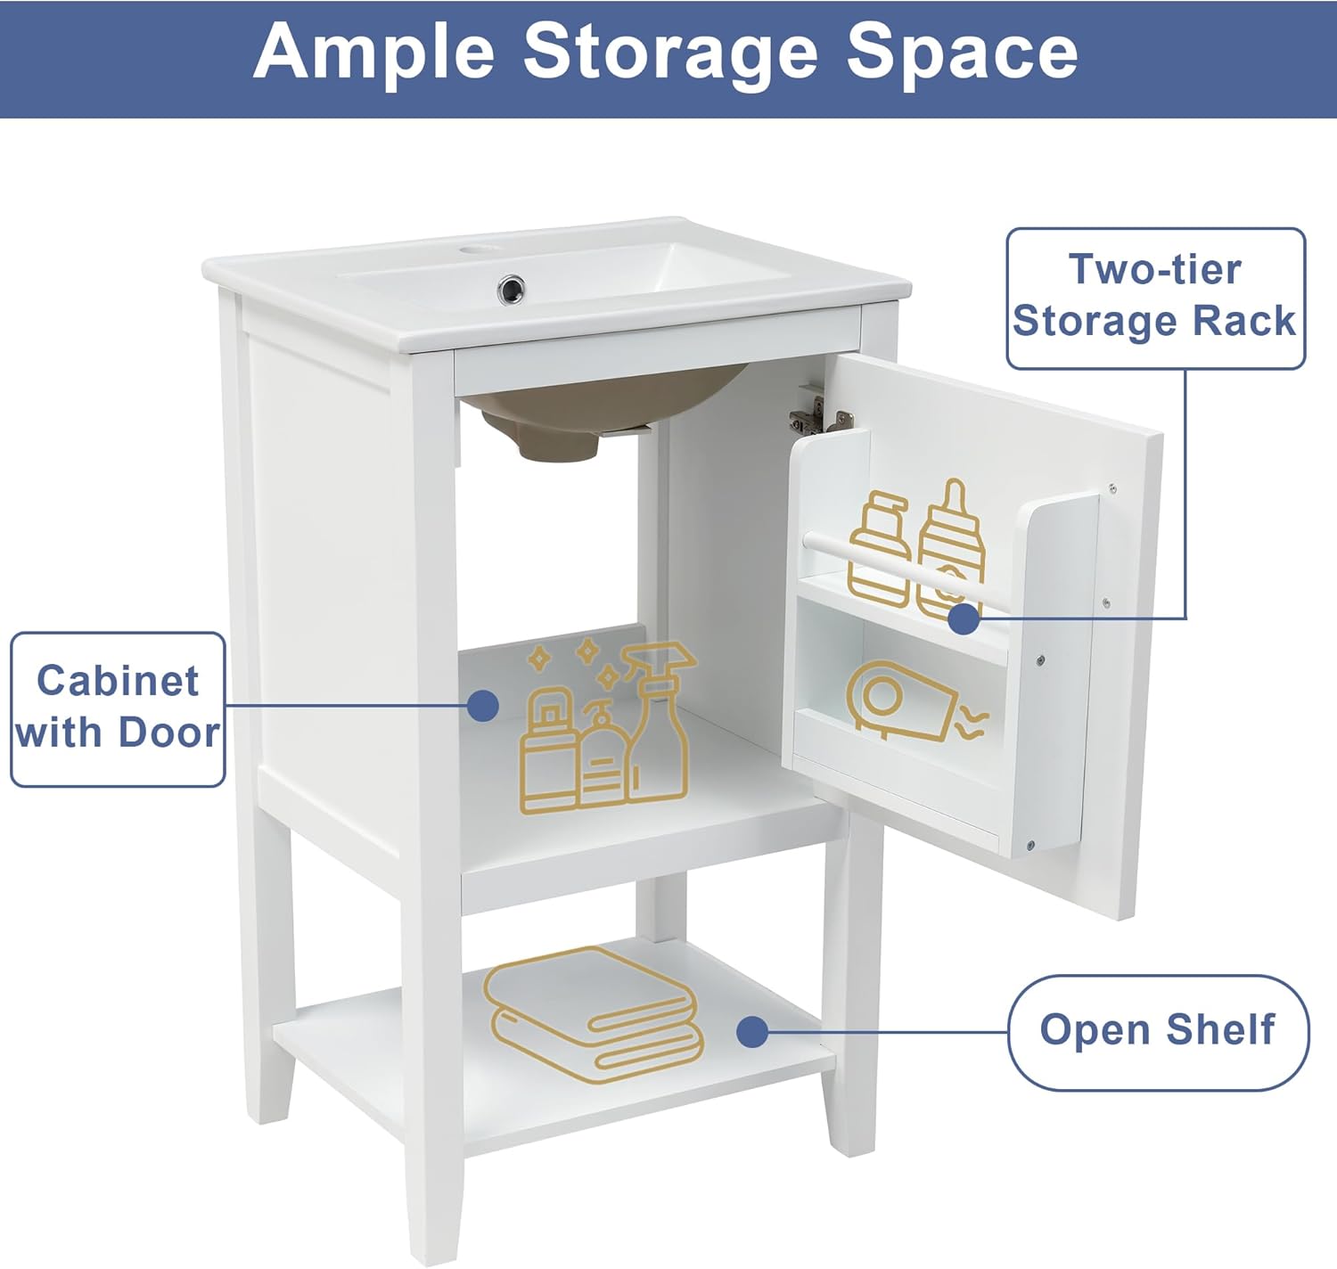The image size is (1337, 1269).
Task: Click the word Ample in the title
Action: (x=373, y=53)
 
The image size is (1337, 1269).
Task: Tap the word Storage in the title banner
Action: (x=669, y=53)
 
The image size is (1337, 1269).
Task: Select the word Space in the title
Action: (x=962, y=53)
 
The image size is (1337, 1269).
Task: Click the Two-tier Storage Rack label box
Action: (x=1155, y=297)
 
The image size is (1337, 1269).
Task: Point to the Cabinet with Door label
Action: (x=118, y=708)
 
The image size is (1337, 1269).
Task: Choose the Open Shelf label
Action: (x=1158, y=1031)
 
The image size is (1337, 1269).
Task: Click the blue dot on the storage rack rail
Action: (x=963, y=618)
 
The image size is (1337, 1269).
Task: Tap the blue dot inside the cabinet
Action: (x=482, y=706)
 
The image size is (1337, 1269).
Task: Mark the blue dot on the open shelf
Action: (x=753, y=1032)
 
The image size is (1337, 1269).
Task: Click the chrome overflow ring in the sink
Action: (x=511, y=288)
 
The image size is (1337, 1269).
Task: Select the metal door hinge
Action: (x=814, y=414)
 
